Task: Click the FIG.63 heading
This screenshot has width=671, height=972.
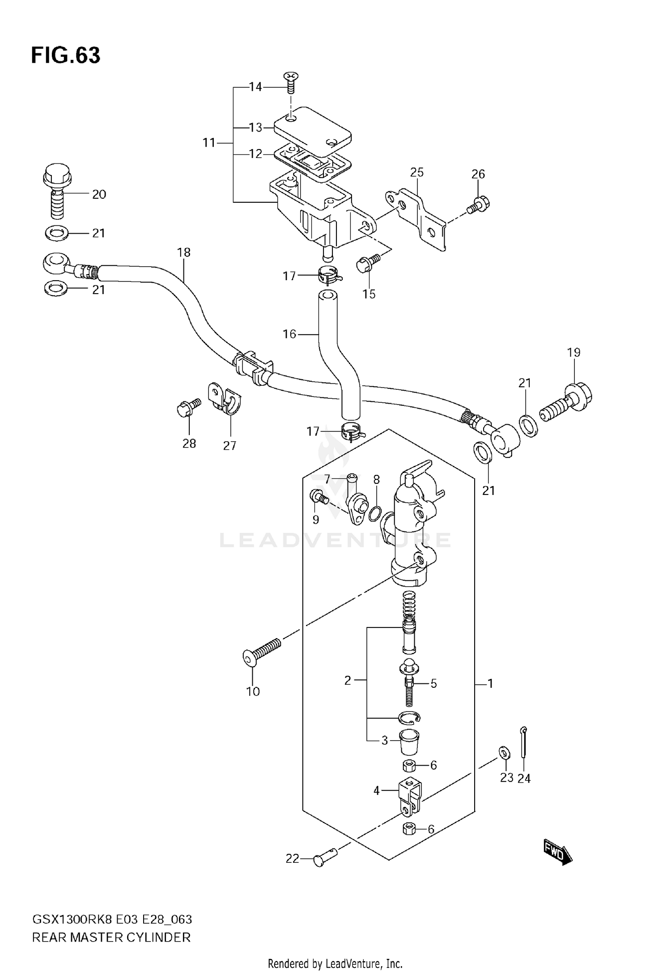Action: [x=66, y=55]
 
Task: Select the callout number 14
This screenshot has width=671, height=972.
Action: [x=255, y=87]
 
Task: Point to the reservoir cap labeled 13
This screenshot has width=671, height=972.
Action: [x=312, y=128]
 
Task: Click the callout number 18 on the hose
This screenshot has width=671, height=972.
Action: [x=184, y=252]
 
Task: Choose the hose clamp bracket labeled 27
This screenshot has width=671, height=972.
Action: [x=225, y=399]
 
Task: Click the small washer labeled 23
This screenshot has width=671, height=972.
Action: [x=504, y=752]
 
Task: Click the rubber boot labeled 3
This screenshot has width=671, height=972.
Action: [x=408, y=742]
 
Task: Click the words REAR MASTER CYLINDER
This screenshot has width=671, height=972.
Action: [x=111, y=937]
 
